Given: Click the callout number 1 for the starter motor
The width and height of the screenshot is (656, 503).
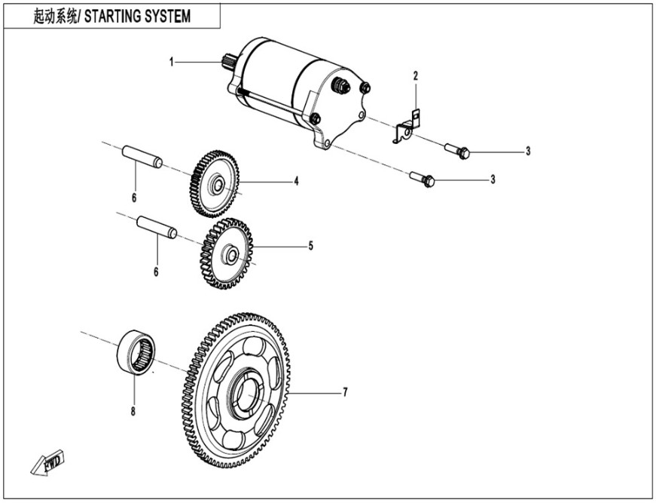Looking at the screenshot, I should click(x=172, y=61).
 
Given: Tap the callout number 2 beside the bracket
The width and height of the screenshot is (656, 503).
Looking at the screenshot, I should click(x=414, y=75).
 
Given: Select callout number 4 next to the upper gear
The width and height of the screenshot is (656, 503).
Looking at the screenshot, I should click(x=297, y=181).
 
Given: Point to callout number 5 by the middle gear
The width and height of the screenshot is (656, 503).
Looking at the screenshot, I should click(x=310, y=246).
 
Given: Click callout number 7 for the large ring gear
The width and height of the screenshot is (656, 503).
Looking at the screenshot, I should click(x=344, y=393).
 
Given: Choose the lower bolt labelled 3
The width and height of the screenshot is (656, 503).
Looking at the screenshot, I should click(x=423, y=179).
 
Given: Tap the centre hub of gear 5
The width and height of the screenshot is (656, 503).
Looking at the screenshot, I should click(x=230, y=254).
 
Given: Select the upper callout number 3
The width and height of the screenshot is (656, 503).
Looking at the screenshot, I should click(x=528, y=152).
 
